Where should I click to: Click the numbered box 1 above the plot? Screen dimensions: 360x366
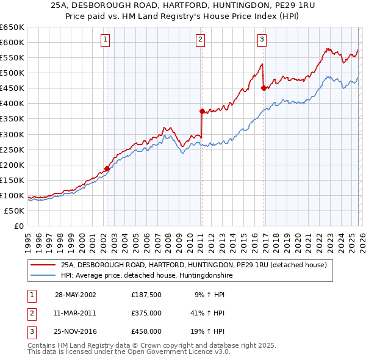106,40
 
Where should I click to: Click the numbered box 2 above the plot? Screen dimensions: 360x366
200,40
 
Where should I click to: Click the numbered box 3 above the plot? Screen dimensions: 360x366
262,40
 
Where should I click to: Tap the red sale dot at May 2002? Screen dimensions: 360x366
107,168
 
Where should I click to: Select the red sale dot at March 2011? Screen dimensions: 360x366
201,111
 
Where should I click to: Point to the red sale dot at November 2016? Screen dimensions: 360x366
264,88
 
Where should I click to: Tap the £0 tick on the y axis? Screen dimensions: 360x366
18,226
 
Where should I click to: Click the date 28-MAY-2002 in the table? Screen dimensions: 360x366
75,295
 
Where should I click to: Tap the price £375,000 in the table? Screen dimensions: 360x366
146,313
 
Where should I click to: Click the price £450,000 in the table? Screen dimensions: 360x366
146,331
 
